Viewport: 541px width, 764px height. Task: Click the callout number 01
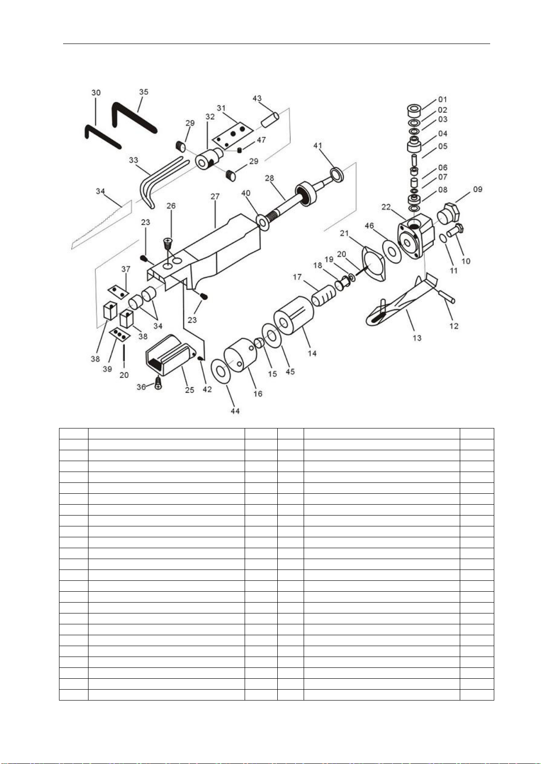[x=443, y=99]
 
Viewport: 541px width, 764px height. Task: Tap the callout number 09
[x=477, y=189]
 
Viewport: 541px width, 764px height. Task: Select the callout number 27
[x=215, y=196]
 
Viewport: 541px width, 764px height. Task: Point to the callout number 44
[x=235, y=411]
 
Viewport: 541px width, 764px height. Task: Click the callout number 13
[x=417, y=338]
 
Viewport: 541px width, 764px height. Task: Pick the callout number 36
[x=141, y=387]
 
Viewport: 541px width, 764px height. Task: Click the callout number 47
[x=261, y=140]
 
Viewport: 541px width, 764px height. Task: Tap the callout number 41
[x=318, y=146]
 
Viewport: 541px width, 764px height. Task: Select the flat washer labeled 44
[x=221, y=371]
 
